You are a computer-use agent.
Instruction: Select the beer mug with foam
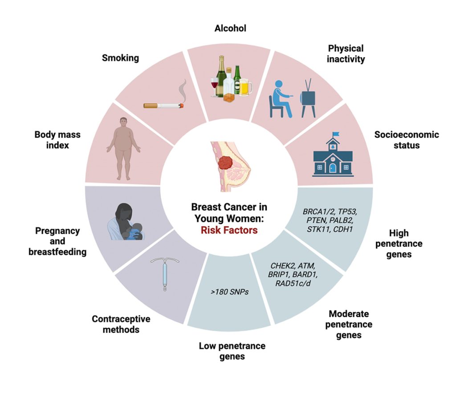pos(245,87)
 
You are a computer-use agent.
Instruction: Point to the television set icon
pos(309,97)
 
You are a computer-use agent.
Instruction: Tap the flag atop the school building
pos(335,134)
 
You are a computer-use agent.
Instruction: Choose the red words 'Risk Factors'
pos(229,231)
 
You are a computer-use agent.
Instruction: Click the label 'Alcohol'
pos(230,28)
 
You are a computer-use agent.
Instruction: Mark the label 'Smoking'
pos(120,58)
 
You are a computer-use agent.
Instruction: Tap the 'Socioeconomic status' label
pos(406,140)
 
